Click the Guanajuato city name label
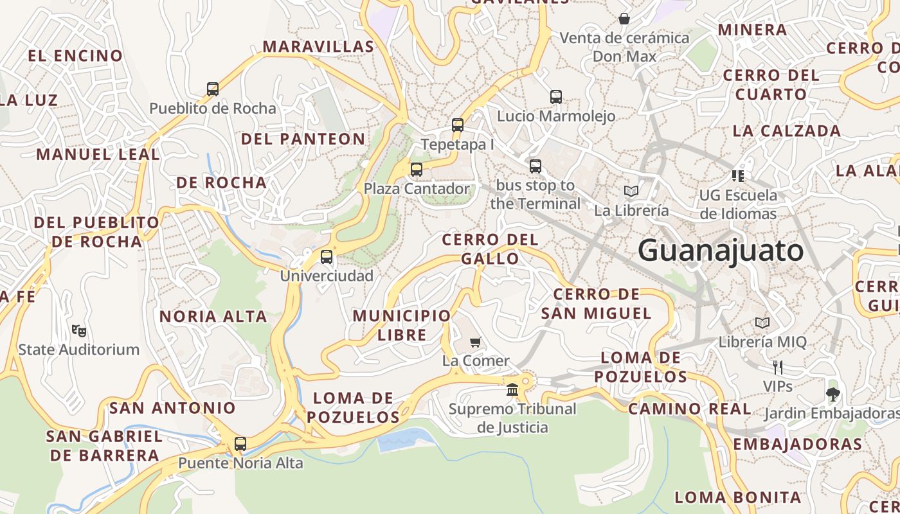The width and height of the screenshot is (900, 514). pyautogui.click(x=721, y=251)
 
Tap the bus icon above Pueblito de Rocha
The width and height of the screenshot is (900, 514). pyautogui.click(x=213, y=89)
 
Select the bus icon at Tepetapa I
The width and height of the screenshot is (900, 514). pyautogui.click(x=458, y=125)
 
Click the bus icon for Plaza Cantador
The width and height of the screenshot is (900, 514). pyautogui.click(x=417, y=170)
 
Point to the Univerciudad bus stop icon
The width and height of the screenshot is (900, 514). pyautogui.click(x=327, y=257)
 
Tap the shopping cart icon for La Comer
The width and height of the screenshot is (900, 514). pyautogui.click(x=476, y=342)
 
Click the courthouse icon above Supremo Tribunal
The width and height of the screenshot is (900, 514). pyautogui.click(x=512, y=389)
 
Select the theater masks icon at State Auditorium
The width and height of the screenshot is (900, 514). pyautogui.click(x=79, y=331)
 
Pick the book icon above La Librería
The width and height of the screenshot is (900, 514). pyautogui.click(x=631, y=191)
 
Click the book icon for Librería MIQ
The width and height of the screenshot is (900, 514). pyautogui.click(x=762, y=323)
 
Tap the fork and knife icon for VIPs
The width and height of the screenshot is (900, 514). pyautogui.click(x=778, y=368)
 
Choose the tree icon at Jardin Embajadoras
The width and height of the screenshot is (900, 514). pyautogui.click(x=833, y=394)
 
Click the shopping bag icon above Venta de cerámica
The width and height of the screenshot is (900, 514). pyautogui.click(x=624, y=19)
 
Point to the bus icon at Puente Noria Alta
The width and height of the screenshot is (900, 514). pyautogui.click(x=240, y=443)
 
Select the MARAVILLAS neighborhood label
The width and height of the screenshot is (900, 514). pyautogui.click(x=318, y=47)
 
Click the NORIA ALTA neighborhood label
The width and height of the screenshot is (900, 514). pyautogui.click(x=213, y=317)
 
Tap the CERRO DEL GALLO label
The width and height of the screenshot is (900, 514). pyautogui.click(x=490, y=249)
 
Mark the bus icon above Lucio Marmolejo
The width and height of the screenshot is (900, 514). pyautogui.click(x=556, y=97)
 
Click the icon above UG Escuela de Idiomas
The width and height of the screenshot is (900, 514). pyautogui.click(x=738, y=175)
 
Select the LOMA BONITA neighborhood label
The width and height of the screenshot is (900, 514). pyautogui.click(x=738, y=497)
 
